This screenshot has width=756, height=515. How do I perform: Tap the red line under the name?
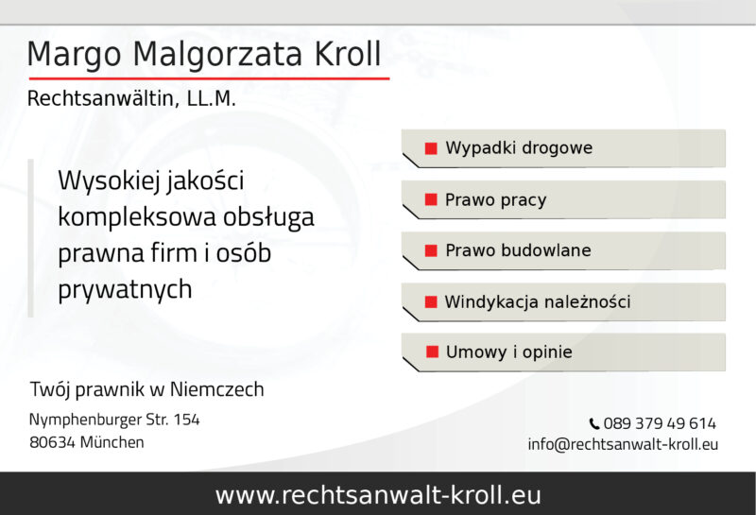pyautogui.click(x=208, y=77)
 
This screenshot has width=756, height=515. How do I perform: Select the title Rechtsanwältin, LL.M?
pyautogui.click(x=131, y=98)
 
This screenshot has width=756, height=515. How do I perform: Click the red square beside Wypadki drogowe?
pyautogui.click(x=431, y=148)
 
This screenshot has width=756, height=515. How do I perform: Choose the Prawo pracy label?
pyautogui.click(x=495, y=200)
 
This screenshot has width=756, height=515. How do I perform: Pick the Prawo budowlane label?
pyautogui.click(x=518, y=250)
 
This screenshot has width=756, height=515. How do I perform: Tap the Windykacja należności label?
pyautogui.click(x=537, y=302)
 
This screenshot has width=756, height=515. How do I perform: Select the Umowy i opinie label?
pyautogui.click(x=508, y=352)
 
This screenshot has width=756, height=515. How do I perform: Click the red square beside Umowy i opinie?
pyautogui.click(x=432, y=352)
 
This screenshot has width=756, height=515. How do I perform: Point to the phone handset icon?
pyautogui.click(x=593, y=424)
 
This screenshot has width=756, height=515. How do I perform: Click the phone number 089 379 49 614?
pyautogui.click(x=659, y=423)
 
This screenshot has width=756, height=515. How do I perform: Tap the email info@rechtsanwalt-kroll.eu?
pyautogui.click(x=623, y=444)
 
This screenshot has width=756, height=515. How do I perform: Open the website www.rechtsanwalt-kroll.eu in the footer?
pyautogui.click(x=378, y=494)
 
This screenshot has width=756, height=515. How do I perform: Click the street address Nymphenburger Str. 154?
pyautogui.click(x=114, y=419)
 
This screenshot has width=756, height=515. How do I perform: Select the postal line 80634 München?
pyautogui.click(x=87, y=441)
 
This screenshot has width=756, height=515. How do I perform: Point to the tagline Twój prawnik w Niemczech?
pyautogui.click(x=146, y=389)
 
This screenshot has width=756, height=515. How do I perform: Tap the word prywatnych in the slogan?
pyautogui.click(x=125, y=289)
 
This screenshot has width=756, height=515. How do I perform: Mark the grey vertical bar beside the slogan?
pyautogui.click(x=30, y=237)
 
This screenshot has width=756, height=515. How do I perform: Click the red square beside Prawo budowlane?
pyautogui.click(x=431, y=250)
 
